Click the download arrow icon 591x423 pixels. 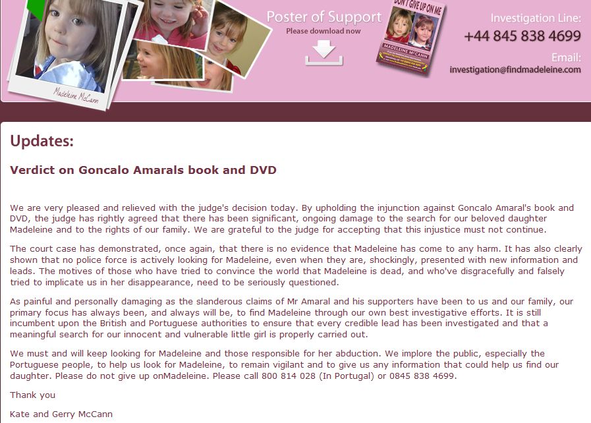(x=324, y=52)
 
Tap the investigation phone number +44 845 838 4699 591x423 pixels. (x=522, y=36)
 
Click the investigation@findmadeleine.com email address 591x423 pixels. (x=515, y=69)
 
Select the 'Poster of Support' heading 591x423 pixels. (x=324, y=17)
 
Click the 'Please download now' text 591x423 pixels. (x=324, y=31)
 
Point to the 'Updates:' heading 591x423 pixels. (x=42, y=141)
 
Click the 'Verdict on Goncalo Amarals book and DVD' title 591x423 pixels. (x=143, y=170)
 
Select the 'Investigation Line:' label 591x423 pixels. (x=536, y=18)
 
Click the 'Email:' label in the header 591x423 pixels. (x=566, y=57)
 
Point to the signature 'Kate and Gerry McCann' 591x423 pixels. (x=57, y=414)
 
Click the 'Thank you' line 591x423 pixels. (x=33, y=395)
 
